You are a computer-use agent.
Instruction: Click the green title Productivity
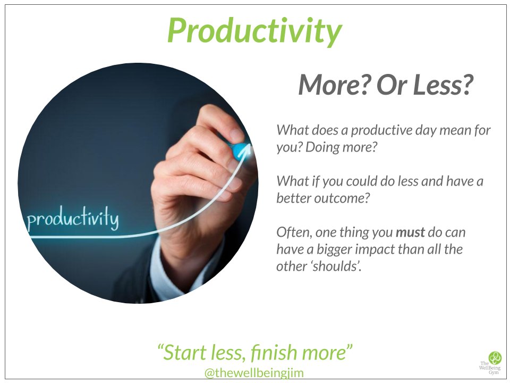click(254, 30)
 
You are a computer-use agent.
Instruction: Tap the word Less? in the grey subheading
click(444, 85)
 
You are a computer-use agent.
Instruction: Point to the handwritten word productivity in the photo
click(72, 219)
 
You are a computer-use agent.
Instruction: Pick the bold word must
click(410, 232)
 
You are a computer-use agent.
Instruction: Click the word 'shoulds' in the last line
click(335, 266)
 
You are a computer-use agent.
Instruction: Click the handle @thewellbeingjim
click(254, 373)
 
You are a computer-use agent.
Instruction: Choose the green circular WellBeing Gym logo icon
click(495, 357)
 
